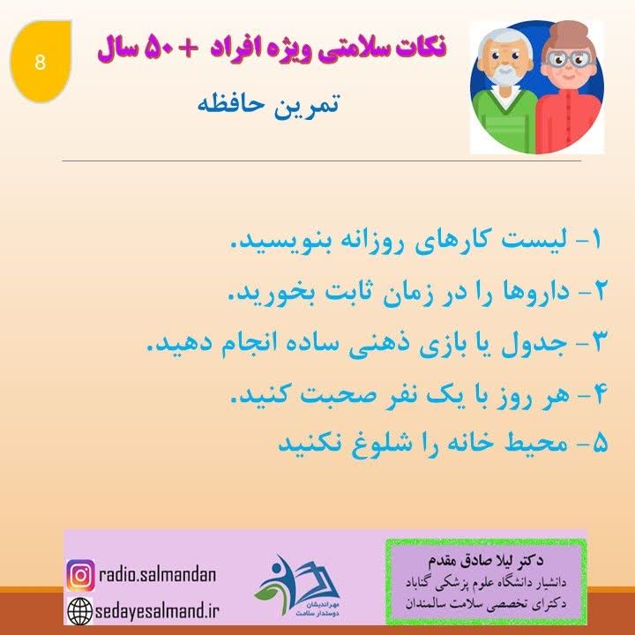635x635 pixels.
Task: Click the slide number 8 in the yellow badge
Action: tap(39, 63)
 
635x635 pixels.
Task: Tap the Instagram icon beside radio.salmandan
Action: tap(79, 576)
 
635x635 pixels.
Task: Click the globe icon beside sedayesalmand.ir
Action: tap(79, 609)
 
